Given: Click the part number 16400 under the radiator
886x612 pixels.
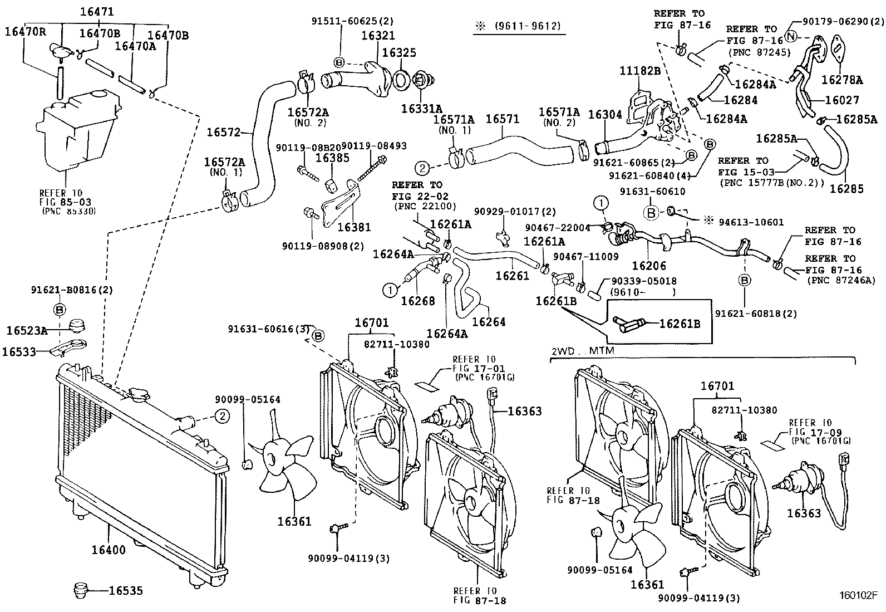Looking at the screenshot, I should click(x=109, y=550).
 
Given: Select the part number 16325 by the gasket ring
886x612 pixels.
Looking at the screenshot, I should click(x=399, y=53).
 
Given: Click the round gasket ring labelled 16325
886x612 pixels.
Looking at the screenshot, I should click(x=401, y=80).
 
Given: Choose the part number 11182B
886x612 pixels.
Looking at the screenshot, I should click(x=640, y=71).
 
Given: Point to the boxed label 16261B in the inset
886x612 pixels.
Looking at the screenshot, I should click(x=680, y=324).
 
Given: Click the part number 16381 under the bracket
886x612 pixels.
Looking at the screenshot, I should click(x=354, y=227).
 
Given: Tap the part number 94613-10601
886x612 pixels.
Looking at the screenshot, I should click(x=751, y=222).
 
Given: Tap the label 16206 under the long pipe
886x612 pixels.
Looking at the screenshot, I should click(x=648, y=266).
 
